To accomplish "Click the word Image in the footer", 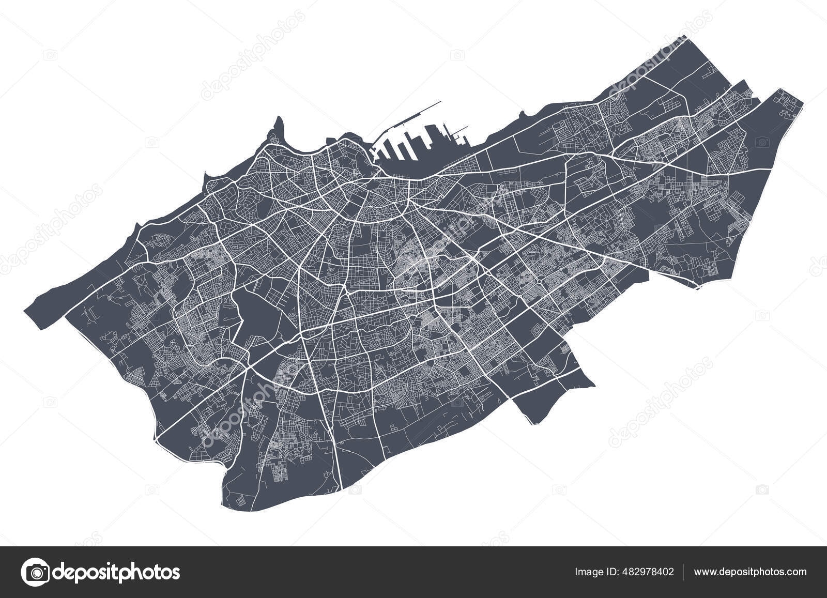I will click(587, 572).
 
